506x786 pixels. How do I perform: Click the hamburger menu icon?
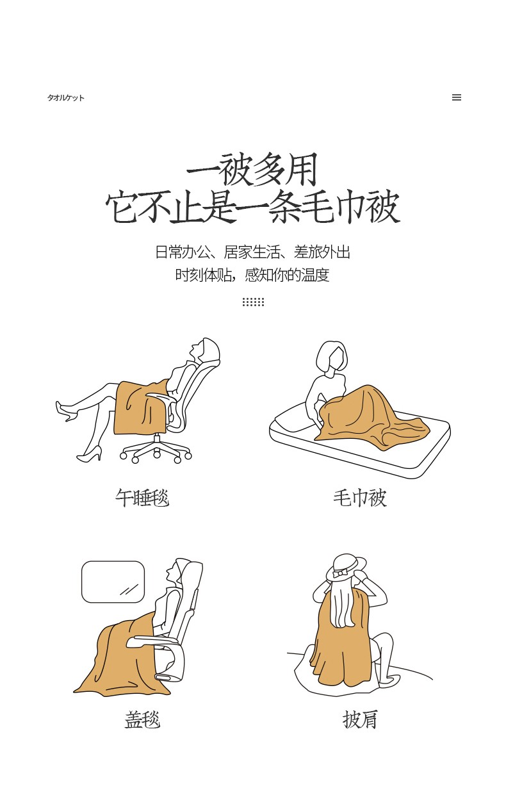(456, 97)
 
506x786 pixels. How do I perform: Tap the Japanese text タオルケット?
(66, 97)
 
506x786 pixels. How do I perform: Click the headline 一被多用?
(252, 170)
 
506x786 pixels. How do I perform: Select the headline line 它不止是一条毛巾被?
(252, 207)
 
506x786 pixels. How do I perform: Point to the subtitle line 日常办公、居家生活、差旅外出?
(252, 252)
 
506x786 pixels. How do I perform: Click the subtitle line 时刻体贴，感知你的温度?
(252, 275)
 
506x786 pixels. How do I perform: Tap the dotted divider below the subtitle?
(253, 302)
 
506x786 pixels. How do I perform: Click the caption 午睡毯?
(142, 498)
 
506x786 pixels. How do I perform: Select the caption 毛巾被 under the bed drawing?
(360, 498)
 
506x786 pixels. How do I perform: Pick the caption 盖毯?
(142, 719)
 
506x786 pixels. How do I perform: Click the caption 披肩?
(360, 719)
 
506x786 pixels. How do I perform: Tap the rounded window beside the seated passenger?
(113, 582)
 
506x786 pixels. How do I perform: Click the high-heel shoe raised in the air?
(65, 411)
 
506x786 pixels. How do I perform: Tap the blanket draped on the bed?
(372, 418)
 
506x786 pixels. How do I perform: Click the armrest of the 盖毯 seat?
(154, 642)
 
